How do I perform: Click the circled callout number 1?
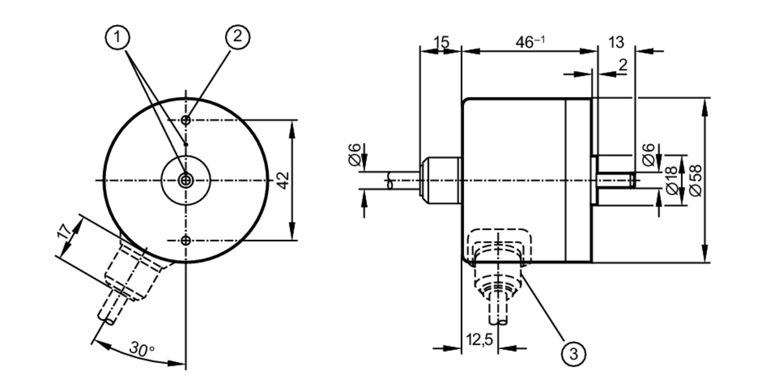point(117,37)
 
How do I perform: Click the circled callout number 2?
point(237,37)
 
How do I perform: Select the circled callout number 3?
point(573,354)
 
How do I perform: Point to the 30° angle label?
point(142,349)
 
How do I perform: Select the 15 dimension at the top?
point(442,42)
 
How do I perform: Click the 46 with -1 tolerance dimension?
point(530,42)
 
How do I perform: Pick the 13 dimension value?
point(616,42)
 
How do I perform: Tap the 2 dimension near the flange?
point(623,65)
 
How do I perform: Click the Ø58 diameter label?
point(696,180)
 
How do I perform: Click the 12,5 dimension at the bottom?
point(479,339)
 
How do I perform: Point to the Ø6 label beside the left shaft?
point(355,155)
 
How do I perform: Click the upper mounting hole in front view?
point(186,120)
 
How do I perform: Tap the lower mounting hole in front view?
point(186,241)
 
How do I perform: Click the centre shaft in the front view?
point(186,180)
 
